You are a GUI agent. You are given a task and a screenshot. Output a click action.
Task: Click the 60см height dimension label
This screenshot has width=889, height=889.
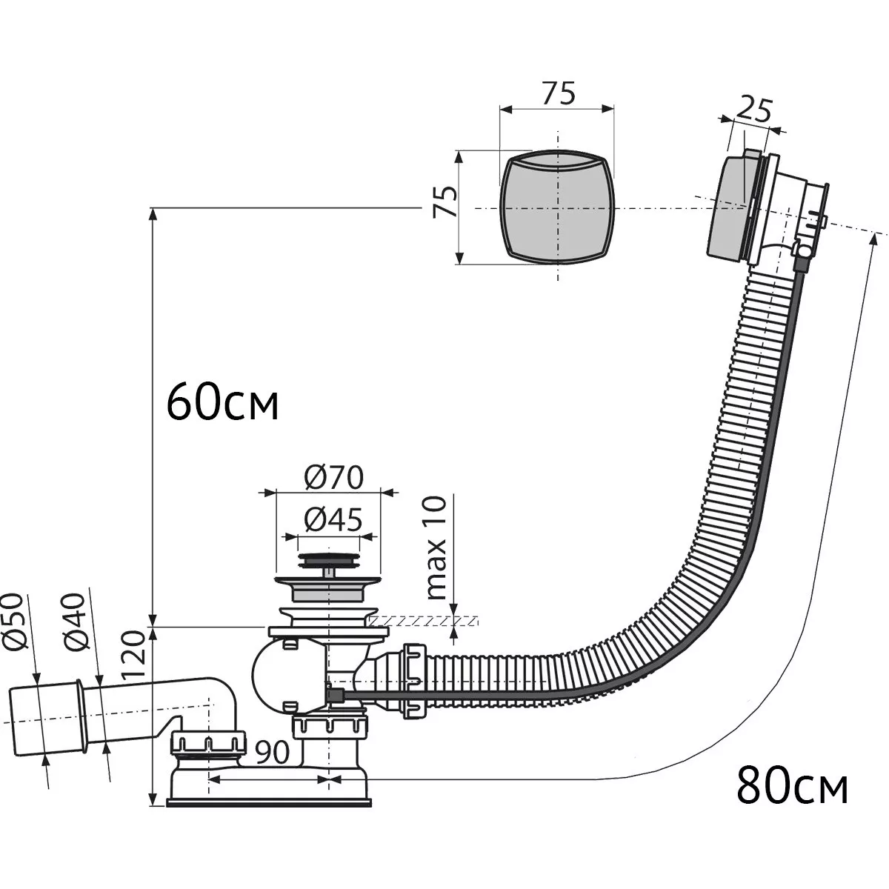pyautogui.click(x=222, y=402)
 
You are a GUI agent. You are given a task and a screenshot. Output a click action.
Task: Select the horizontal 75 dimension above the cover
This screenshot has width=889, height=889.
pyautogui.click(x=559, y=93)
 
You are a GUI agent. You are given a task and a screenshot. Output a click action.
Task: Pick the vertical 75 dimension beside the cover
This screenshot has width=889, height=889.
pyautogui.click(x=445, y=202)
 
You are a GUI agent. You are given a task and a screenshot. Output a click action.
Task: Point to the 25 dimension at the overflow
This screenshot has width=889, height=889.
pyautogui.click(x=753, y=110)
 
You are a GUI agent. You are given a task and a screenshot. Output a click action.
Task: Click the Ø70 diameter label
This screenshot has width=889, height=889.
pyautogui.click(x=334, y=478)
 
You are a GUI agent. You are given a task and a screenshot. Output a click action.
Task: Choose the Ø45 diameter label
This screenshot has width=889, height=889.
pyautogui.click(x=333, y=520)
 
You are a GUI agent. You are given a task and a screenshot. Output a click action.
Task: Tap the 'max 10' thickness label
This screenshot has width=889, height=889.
pyautogui.click(x=437, y=547)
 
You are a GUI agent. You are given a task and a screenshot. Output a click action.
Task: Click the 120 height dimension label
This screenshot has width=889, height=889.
pyautogui.click(x=134, y=653)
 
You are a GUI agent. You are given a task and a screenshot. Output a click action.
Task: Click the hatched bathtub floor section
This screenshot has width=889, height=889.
pyautogui.click(x=423, y=620)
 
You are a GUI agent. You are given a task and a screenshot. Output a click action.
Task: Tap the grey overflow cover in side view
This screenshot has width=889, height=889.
pyautogui.click(x=726, y=207)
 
